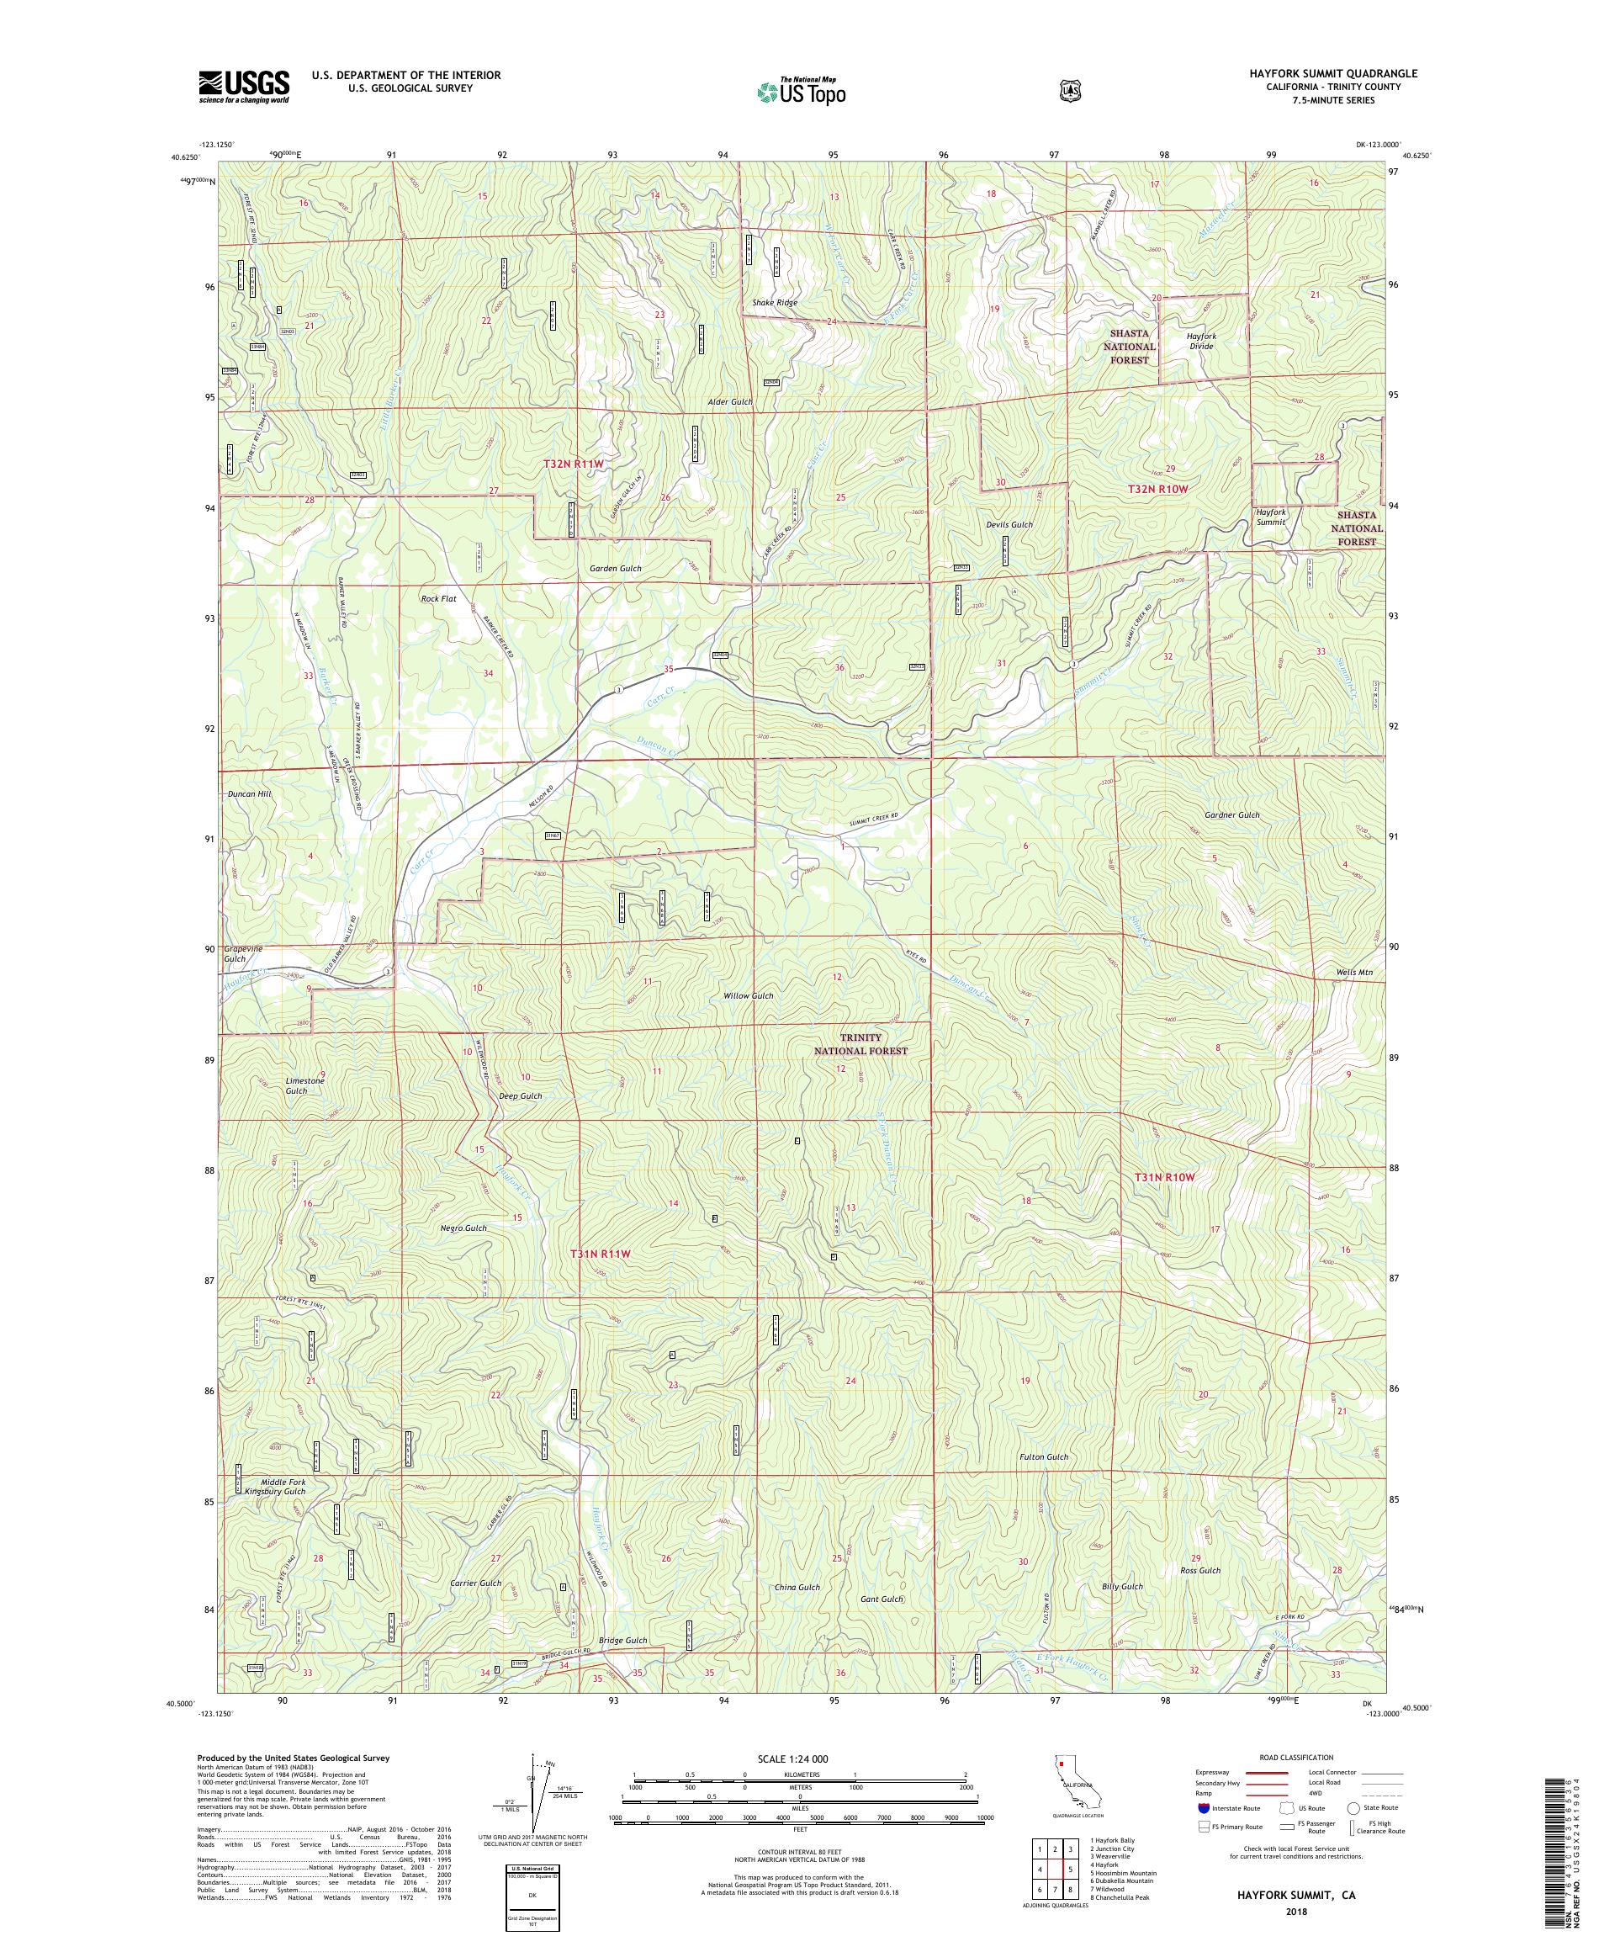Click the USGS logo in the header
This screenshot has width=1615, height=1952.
point(243,88)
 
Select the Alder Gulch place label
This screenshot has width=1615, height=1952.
point(728,402)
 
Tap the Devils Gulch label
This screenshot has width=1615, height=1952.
point(1009,525)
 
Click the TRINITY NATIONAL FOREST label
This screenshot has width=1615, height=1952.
point(860,1045)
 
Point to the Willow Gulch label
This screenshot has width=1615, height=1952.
point(748,995)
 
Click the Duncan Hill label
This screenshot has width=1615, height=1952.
point(249,795)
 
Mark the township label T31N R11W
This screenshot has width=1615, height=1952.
point(600,1254)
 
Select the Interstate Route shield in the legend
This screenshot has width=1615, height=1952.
point(1205,1808)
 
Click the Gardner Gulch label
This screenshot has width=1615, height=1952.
point(1232,815)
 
